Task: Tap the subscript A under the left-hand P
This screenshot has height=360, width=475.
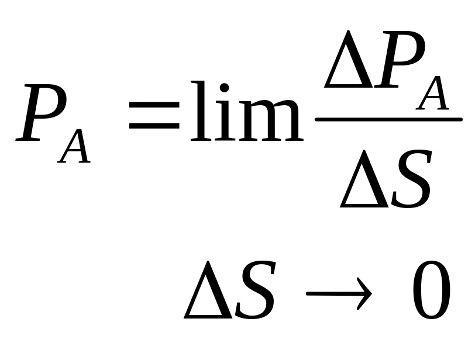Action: (x=75, y=146)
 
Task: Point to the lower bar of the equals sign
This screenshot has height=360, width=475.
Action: (x=154, y=125)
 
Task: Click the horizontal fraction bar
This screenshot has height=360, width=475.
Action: (x=388, y=120)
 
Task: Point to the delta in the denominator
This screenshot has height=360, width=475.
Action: (x=364, y=180)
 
